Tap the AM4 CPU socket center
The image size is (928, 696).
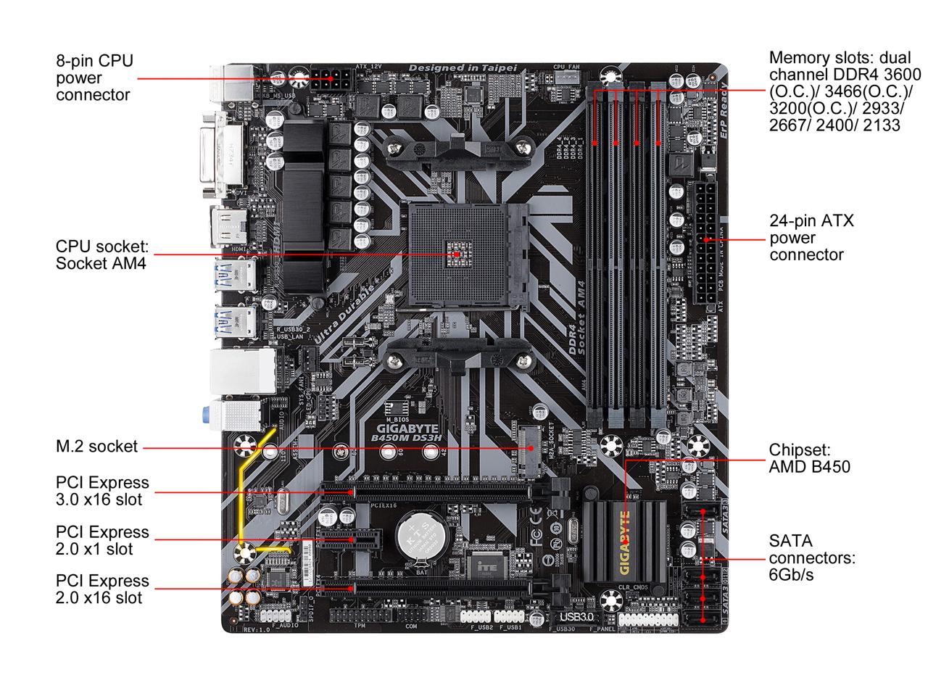[455, 255]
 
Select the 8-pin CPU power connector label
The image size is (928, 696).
[95, 78]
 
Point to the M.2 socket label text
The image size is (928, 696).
[96, 447]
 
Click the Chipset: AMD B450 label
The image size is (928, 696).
[809, 458]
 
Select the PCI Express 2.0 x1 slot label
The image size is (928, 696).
[102, 540]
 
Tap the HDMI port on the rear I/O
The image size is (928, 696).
[227, 225]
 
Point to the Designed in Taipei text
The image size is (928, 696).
[463, 68]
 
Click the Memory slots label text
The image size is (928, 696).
[845, 91]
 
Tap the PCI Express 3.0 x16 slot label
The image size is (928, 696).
[102, 491]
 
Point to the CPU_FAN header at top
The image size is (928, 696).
[567, 75]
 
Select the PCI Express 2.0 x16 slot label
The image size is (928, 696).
[102, 589]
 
